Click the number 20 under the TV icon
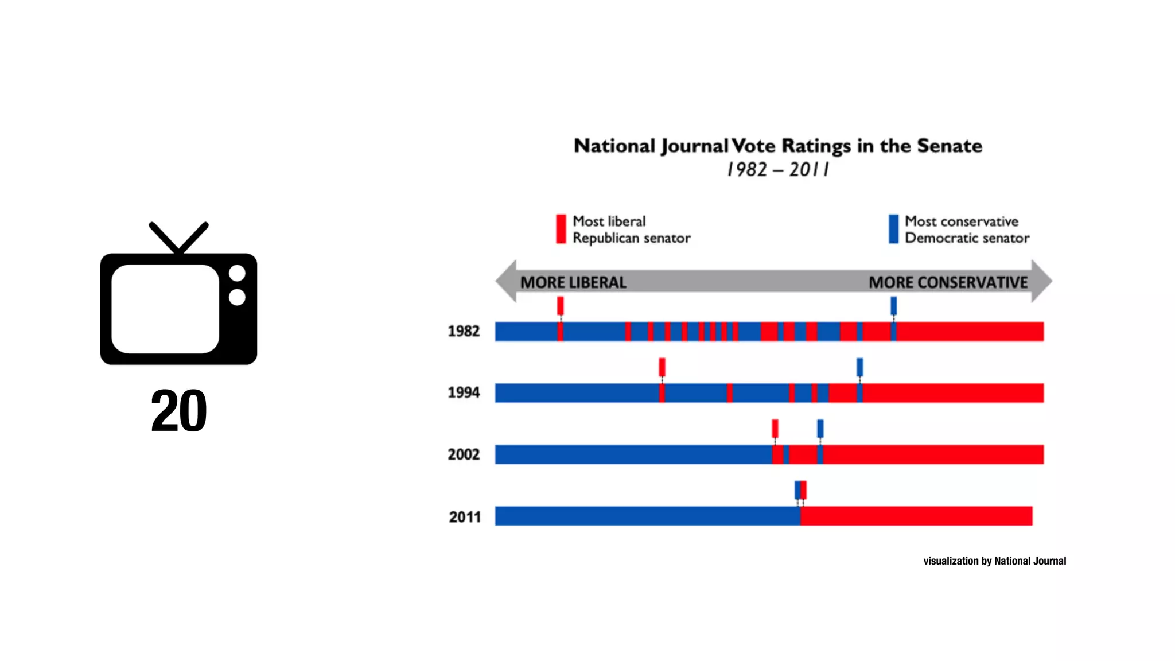pos(178,411)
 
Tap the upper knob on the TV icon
pos(237,274)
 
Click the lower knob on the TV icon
pos(237,297)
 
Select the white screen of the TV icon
pos(165,309)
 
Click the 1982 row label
pos(464,331)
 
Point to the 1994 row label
pos(464,392)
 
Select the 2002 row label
pos(464,454)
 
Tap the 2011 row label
pos(465,517)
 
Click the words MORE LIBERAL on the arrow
pos(573,282)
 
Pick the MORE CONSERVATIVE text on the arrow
pos(948,282)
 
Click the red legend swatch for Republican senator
pos(561,229)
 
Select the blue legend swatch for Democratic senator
pos(893,229)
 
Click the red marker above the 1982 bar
pos(561,305)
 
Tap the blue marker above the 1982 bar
pos(893,305)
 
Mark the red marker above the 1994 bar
pos(662,367)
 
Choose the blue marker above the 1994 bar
pos(859,367)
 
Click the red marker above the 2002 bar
pos(775,428)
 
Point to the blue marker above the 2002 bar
pos(820,428)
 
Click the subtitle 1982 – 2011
pos(777,170)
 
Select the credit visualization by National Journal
pos(994,561)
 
